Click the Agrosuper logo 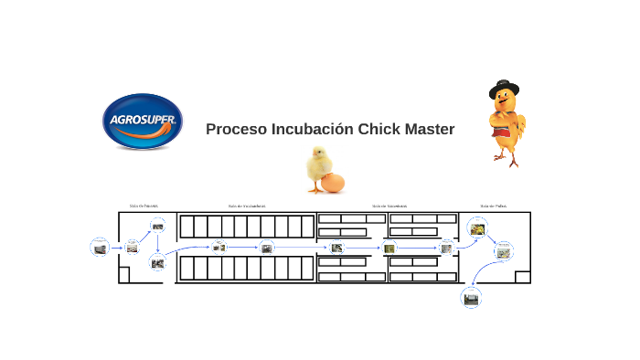[x=142, y=122]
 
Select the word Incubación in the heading [x=309, y=130]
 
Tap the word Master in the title [x=427, y=130]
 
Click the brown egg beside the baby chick [x=333, y=183]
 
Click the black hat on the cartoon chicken [x=502, y=90]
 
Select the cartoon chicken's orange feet [x=506, y=159]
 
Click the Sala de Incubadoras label [x=246, y=206]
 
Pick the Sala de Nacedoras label [x=389, y=206]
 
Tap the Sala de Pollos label [x=494, y=206]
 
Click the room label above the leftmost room [x=144, y=206]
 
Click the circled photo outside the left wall [x=100, y=247]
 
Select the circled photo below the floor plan [x=471, y=297]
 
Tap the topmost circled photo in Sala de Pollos [x=476, y=228]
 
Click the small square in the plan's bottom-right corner [x=523, y=277]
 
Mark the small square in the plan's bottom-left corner [x=125, y=277]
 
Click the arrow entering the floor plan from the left [x=116, y=248]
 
